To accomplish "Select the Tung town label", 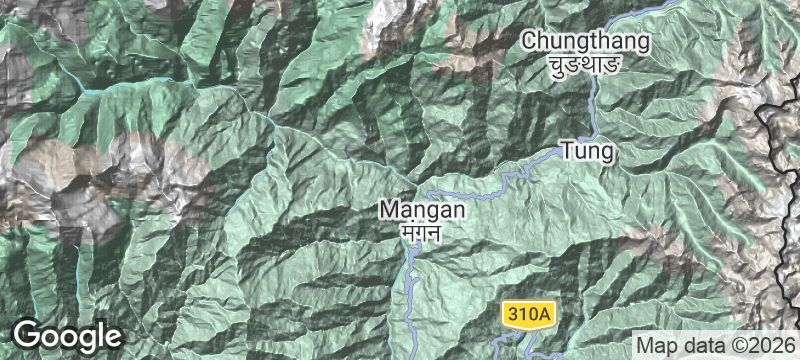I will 587,152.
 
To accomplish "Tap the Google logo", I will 67,334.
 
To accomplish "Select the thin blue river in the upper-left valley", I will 150,87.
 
